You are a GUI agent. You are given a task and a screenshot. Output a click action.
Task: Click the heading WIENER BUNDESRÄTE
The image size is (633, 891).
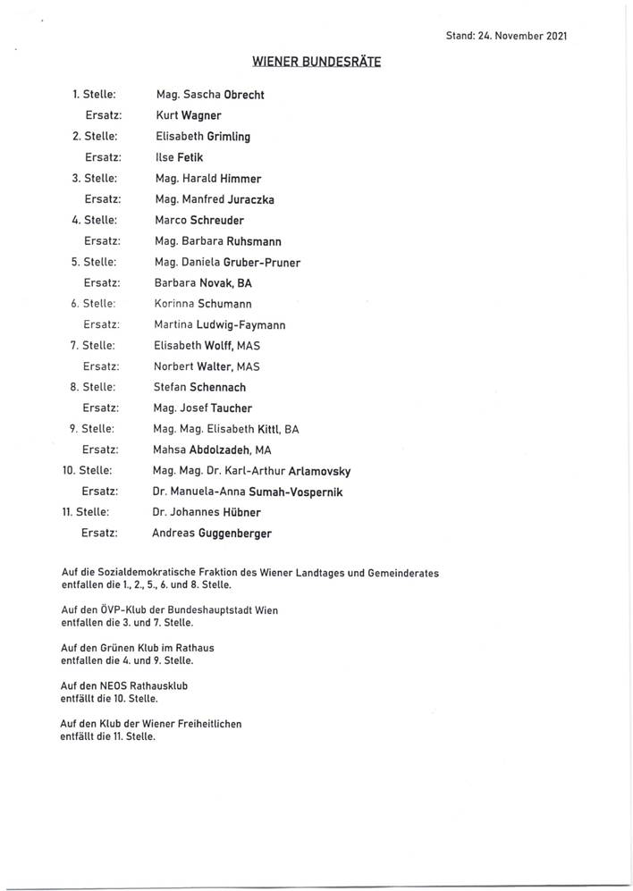[x=316, y=63]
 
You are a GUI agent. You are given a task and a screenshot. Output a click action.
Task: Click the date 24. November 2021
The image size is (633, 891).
[x=522, y=37]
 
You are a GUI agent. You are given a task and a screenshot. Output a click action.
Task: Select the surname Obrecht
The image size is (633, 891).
[x=236, y=95]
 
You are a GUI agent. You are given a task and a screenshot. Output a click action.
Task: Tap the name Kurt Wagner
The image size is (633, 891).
[x=188, y=115]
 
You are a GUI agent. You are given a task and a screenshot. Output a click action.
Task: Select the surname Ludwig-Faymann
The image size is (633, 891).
[x=254, y=324]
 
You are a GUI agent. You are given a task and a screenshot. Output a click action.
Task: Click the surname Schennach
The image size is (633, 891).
[x=217, y=387]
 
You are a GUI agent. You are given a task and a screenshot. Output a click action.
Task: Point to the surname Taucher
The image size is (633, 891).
[x=230, y=408]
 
